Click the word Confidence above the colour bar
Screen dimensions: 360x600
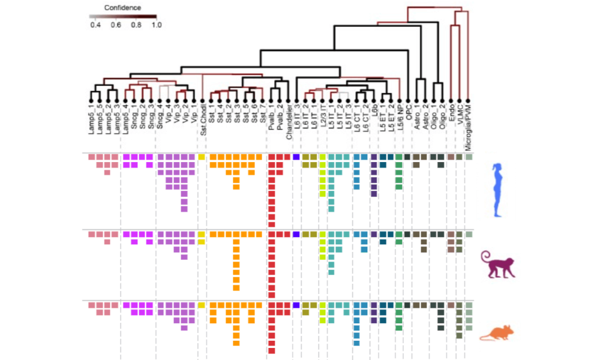(x=122, y=8)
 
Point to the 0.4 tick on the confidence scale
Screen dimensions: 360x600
(x=95, y=26)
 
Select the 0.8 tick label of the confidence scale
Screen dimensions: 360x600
(x=136, y=26)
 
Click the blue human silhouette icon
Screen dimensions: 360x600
(x=499, y=190)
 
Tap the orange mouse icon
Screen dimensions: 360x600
(x=496, y=332)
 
